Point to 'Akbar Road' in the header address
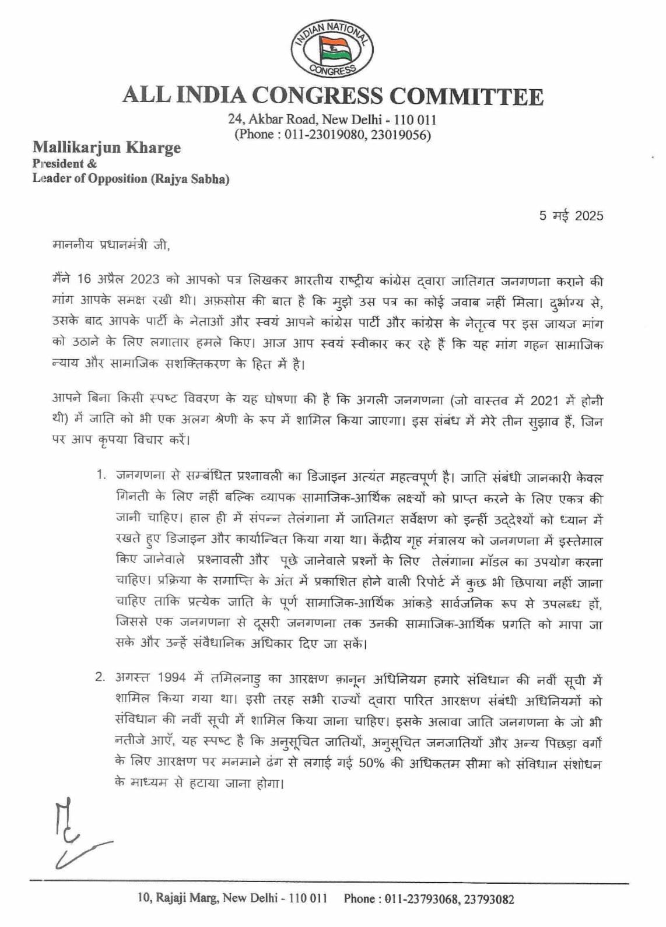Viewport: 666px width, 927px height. tap(281, 120)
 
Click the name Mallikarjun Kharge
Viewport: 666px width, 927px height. tap(106, 148)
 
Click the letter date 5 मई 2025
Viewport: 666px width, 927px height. tap(571, 216)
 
